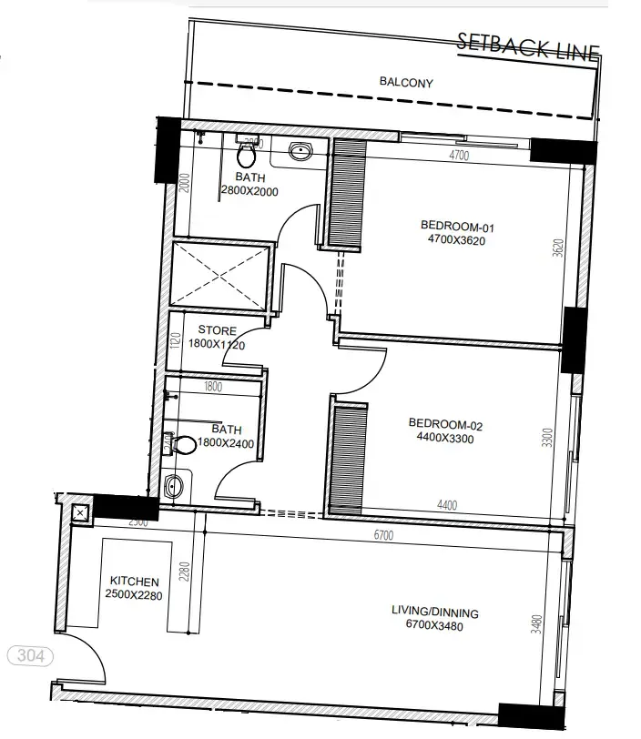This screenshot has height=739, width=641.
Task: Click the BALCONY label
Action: (x=406, y=83)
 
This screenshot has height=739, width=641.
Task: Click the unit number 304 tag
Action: (x=30, y=655)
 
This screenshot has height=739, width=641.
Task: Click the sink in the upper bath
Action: (x=300, y=151)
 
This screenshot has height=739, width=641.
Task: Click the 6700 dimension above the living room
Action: (x=382, y=536)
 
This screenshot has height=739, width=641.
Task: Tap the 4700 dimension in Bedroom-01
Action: (x=459, y=156)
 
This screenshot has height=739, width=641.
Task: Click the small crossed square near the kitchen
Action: (x=79, y=513)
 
